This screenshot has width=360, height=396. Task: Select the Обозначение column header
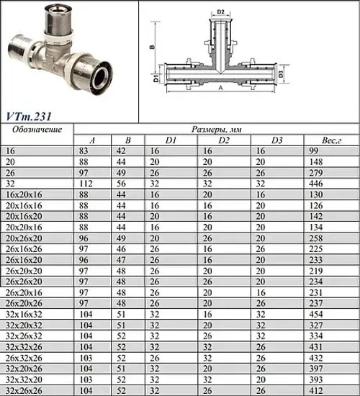39,130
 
